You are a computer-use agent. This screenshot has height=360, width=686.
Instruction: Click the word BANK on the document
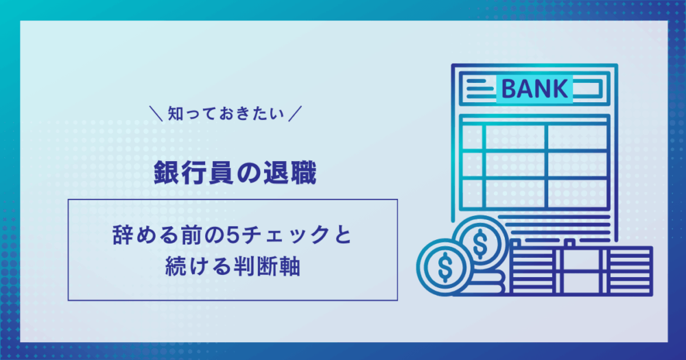(534, 88)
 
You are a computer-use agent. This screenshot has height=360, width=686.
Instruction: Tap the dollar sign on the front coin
(445, 266)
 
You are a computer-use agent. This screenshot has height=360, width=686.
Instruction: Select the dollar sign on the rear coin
(480, 242)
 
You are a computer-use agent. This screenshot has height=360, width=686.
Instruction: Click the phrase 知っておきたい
(226, 114)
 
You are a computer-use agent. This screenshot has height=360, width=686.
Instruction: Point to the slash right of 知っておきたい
(295, 114)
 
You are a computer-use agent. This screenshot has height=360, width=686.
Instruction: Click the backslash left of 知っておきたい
(156, 114)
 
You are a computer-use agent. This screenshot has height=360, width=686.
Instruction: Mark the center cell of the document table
(515, 165)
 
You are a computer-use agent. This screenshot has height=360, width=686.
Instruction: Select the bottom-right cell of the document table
(578, 193)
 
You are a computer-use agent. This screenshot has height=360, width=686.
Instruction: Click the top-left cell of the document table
(472, 137)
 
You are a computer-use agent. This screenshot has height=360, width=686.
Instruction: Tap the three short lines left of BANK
(480, 88)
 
